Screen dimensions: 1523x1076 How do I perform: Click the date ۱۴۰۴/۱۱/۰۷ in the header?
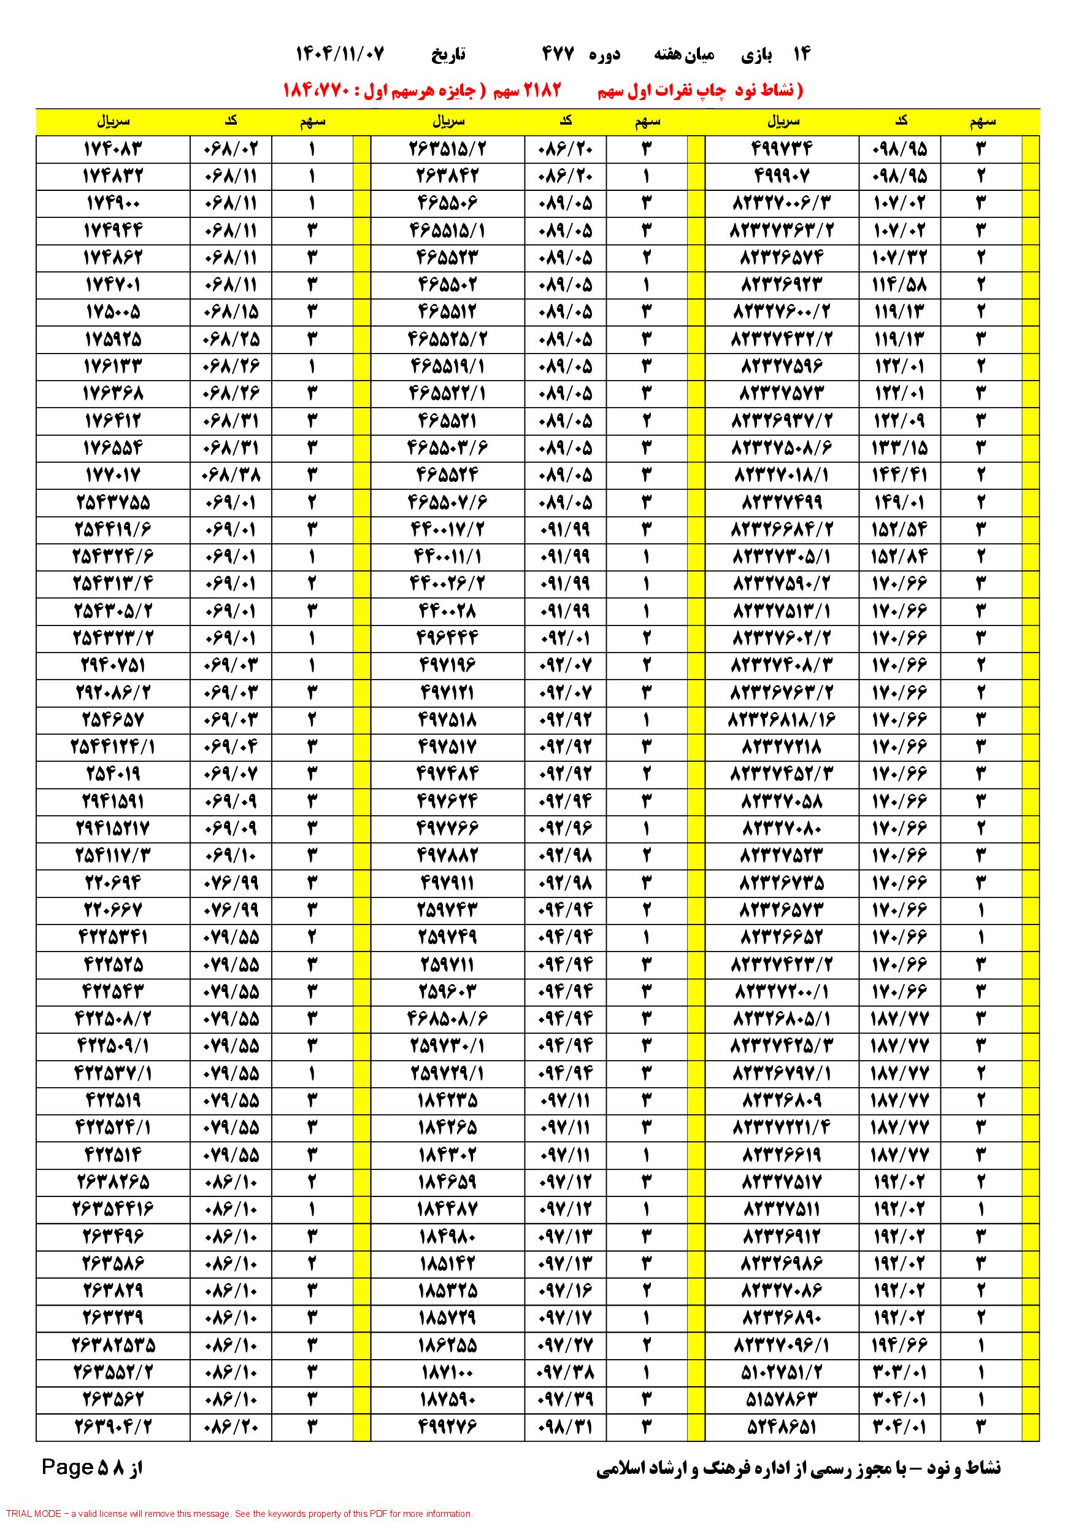click(339, 55)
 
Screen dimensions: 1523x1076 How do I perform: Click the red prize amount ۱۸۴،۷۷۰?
click(320, 90)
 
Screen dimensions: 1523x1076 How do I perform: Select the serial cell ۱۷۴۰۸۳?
click(113, 149)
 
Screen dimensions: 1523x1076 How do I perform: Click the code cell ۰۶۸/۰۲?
click(231, 149)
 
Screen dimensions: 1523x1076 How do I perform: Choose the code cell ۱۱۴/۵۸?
click(900, 285)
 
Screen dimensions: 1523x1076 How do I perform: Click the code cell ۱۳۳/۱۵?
click(900, 448)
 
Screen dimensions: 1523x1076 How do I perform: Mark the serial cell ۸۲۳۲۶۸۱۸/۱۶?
click(782, 719)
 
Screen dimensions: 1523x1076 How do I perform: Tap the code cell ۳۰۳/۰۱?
click(900, 1372)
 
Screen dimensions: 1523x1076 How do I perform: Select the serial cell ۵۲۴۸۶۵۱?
click(782, 1426)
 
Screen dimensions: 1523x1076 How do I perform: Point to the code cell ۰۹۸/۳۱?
click(566, 1426)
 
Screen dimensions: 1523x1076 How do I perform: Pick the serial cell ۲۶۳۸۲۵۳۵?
click(113, 1344)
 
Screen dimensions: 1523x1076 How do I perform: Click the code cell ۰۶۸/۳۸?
click(231, 476)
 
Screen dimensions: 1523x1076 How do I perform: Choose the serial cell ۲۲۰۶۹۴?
click(113, 883)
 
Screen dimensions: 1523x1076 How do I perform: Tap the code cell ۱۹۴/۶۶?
click(900, 1344)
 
